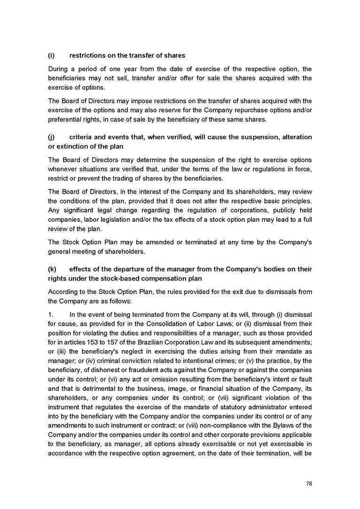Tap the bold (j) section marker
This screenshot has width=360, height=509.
(52, 137)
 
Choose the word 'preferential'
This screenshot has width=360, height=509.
(69, 119)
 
